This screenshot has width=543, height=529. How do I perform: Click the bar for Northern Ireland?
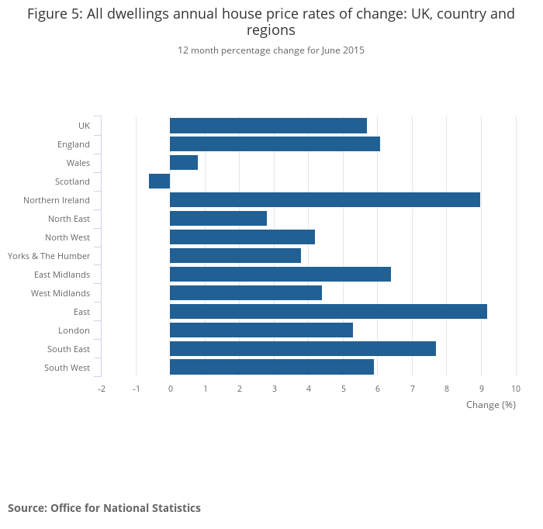pos(324,200)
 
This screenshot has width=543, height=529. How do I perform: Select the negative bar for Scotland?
pos(160,182)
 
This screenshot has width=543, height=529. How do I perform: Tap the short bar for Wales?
pos(184,163)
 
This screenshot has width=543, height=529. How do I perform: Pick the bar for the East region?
pos(328,312)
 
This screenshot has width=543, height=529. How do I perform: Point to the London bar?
pos(261,330)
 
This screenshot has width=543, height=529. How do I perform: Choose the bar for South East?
pos(303,349)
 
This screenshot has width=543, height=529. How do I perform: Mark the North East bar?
pos(218,219)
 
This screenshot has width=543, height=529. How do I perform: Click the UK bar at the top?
pos(268,126)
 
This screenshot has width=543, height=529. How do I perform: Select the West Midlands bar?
pos(246,293)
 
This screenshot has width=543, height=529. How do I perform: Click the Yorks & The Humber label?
pos(49,256)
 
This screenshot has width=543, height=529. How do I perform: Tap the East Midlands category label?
pos(62,275)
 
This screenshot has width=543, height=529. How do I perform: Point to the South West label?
pos(67,368)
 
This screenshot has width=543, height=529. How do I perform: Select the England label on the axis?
pos(74,144)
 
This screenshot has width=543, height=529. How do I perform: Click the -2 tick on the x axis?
pos(101,389)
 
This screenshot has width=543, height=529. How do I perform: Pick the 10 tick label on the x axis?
pos(516,389)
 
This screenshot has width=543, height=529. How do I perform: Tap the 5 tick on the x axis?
pos(343,389)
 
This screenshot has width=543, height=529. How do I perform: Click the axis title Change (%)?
pos(490,405)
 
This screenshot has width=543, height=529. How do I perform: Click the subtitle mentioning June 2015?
pos(271,50)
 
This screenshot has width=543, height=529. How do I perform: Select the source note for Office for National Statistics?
pos(104,508)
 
